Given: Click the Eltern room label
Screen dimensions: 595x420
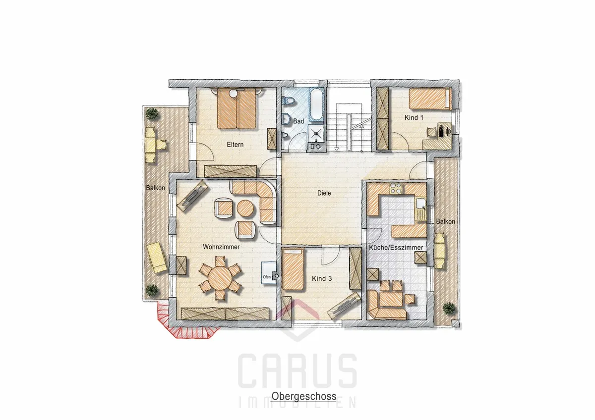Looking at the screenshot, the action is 235,145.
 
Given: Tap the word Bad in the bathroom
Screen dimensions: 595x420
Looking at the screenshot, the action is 298,121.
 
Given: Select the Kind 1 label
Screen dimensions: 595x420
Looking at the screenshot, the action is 414,117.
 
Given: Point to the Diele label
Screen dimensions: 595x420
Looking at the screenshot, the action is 324,193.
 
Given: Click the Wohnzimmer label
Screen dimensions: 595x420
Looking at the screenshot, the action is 221,247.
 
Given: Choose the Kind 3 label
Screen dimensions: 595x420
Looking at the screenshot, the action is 322,278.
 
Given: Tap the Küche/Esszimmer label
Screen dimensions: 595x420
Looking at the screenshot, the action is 396,248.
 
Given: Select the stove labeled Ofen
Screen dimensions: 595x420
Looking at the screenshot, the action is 269,273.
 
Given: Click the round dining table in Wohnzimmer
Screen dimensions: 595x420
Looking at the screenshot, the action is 221,278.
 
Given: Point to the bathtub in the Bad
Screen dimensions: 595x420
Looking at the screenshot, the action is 317,105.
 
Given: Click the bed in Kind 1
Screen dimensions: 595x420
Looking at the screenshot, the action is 430,99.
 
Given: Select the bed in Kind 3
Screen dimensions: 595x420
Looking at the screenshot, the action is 293,269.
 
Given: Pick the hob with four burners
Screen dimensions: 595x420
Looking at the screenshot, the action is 396,189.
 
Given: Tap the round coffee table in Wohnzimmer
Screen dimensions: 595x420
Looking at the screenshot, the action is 245,208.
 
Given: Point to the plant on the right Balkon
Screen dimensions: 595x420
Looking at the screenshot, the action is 449,309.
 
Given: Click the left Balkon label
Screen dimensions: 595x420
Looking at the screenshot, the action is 155,188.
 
